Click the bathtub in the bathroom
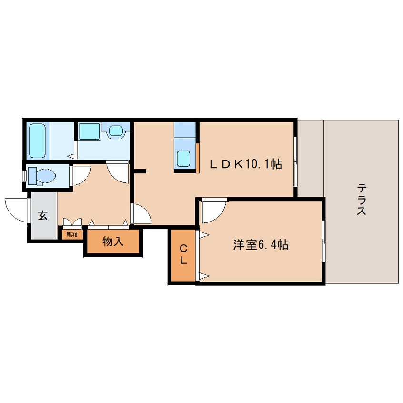pyautogui.click(x=38, y=141)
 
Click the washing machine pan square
pyautogui.click(x=89, y=131)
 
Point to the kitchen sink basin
pyautogui.click(x=184, y=158)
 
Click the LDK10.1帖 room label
pyautogui.click(x=246, y=164)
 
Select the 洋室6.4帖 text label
pyautogui.click(x=260, y=245)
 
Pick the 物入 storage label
pyautogui.click(x=113, y=242)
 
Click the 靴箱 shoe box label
pyautogui.click(x=72, y=234)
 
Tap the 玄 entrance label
pyautogui.click(x=43, y=215)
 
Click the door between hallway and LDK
pyautogui.click(x=141, y=213)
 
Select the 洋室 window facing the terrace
pyautogui.click(x=323, y=241)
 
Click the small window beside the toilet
pyautogui.click(x=24, y=175)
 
